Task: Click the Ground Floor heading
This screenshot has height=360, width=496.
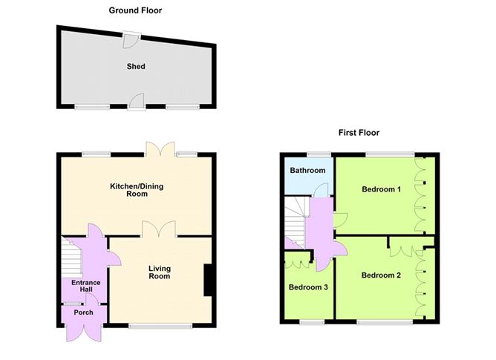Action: (135, 10)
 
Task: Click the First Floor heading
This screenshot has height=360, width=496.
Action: (359, 133)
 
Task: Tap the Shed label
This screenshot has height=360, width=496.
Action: (136, 66)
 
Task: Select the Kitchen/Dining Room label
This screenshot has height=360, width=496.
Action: (137, 190)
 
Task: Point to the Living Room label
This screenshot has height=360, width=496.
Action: (160, 272)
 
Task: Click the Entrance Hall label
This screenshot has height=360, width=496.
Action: (85, 286)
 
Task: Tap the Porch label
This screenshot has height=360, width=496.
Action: (83, 312)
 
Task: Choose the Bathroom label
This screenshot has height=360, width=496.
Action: (307, 170)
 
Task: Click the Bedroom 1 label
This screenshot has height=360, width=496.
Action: (381, 189)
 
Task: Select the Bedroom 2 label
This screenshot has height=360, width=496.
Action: (381, 275)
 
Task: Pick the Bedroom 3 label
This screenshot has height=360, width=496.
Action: (308, 287)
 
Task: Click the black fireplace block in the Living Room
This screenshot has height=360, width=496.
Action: (207, 280)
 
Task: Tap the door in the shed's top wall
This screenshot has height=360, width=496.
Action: (130, 40)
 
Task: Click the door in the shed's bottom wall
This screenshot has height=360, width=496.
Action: (137, 101)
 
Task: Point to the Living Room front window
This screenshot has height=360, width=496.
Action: (160, 326)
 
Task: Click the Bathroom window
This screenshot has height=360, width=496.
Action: (319, 154)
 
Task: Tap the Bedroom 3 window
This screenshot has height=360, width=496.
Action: (312, 322)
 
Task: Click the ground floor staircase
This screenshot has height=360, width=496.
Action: (72, 257)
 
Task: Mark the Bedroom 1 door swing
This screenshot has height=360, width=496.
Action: (341, 220)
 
